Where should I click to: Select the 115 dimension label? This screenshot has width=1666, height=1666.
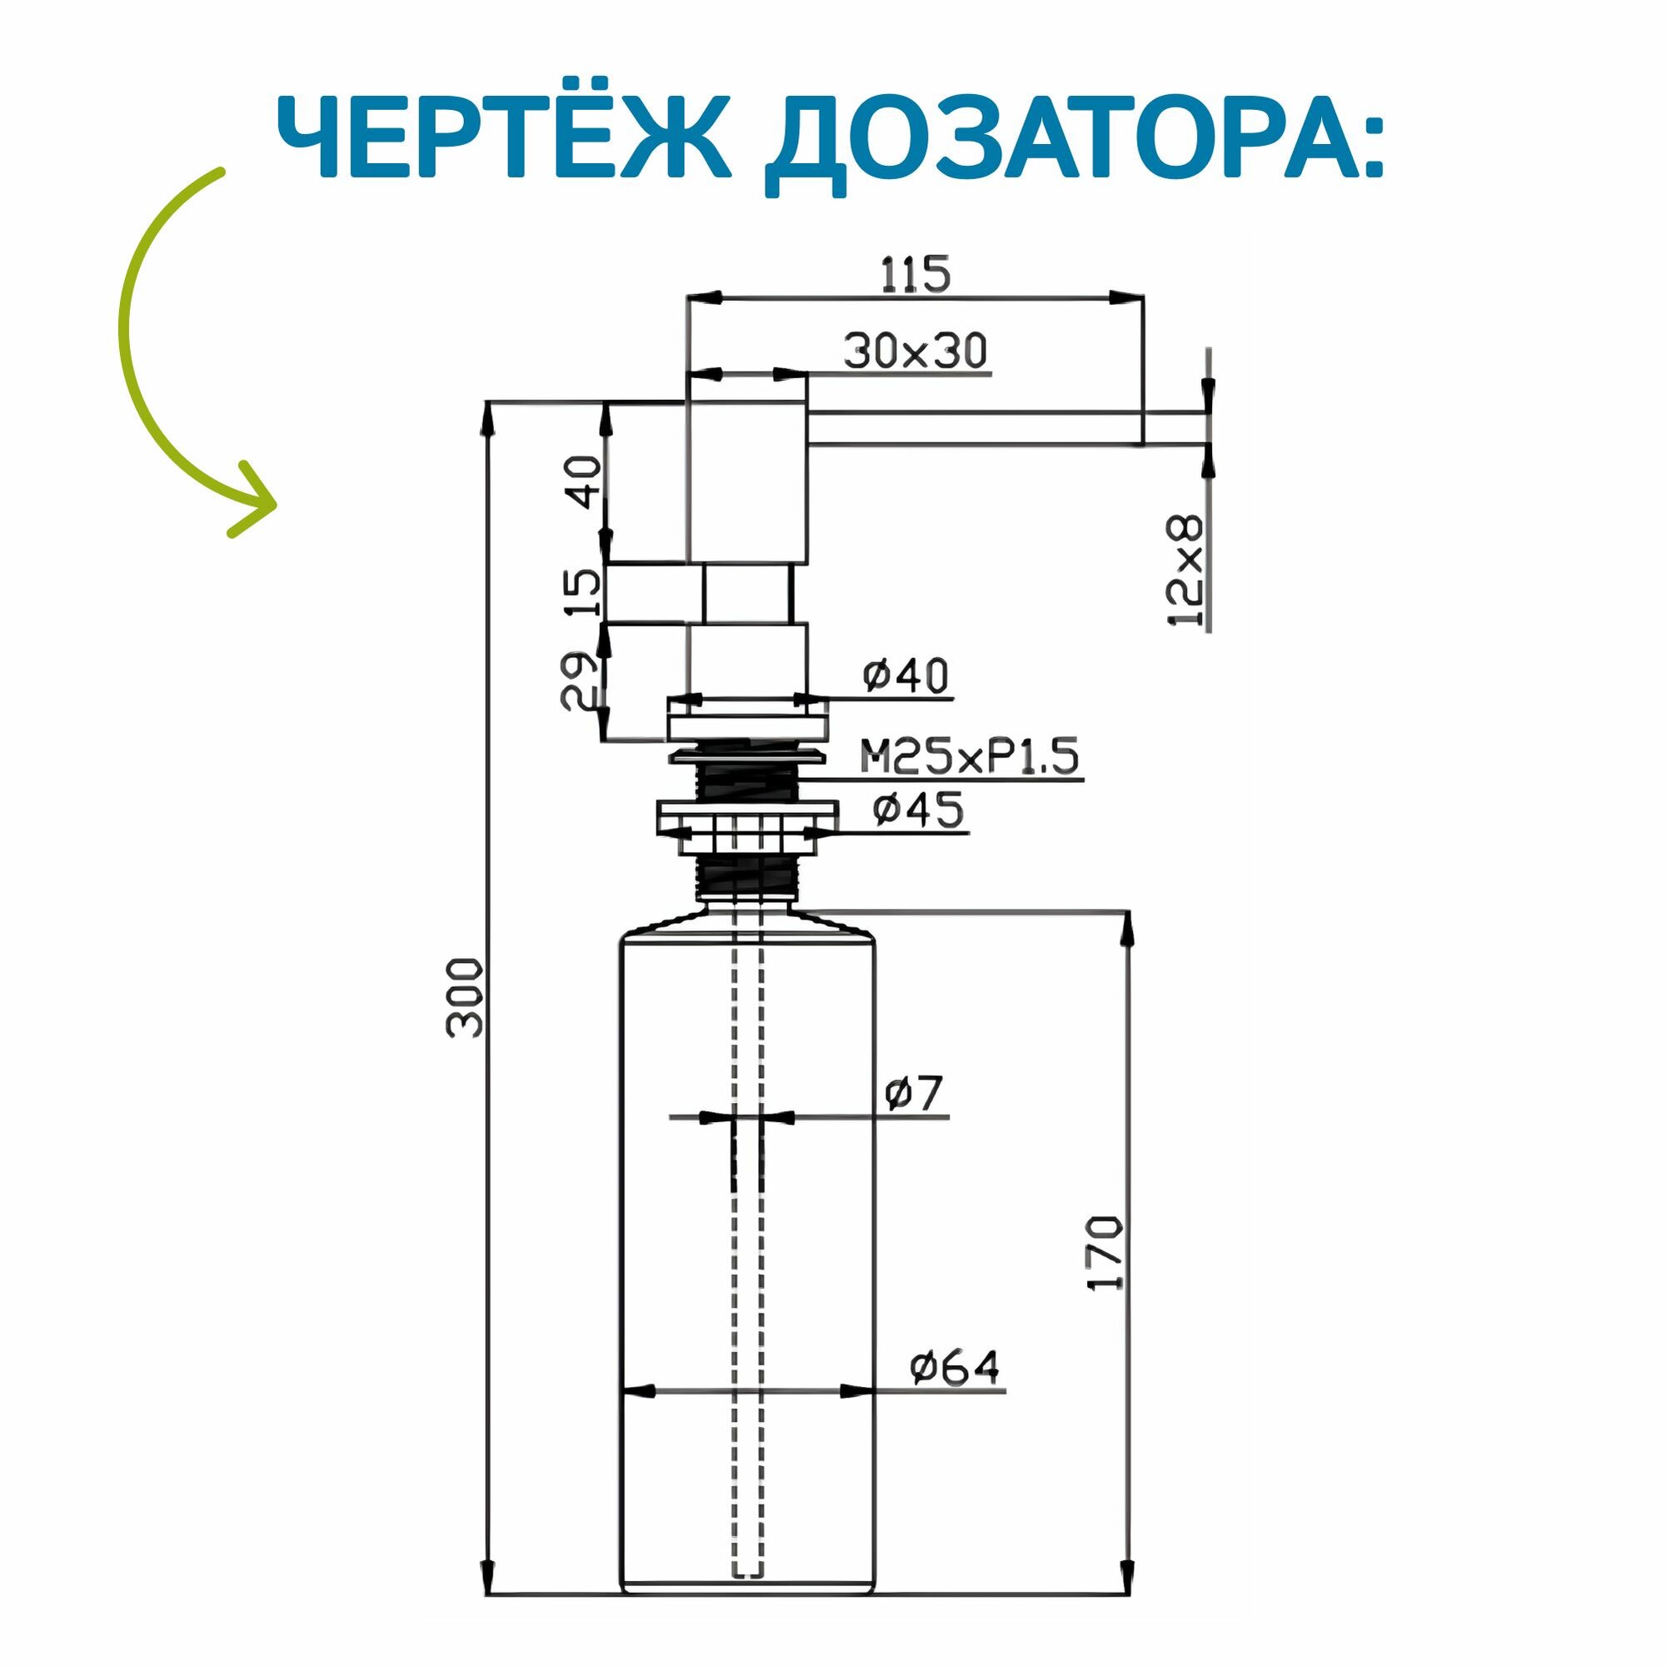point(915,274)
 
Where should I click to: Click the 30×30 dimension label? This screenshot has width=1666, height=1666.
point(915,351)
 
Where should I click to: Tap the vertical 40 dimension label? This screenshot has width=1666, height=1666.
point(585,482)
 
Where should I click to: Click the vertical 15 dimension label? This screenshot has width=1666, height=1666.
point(585,592)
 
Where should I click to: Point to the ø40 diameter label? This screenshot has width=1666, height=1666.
point(905,676)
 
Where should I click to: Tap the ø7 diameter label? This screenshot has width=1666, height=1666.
point(914,1094)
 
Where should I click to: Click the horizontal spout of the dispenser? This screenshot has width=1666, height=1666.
point(975,428)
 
